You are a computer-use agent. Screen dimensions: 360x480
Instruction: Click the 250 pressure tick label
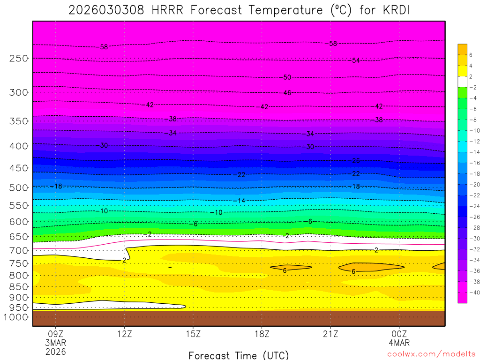[19, 58]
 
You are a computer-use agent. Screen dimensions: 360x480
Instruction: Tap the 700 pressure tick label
[19, 250]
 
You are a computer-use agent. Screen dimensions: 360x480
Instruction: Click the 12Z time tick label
[124, 334]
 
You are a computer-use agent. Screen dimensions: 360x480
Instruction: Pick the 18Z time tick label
[262, 334]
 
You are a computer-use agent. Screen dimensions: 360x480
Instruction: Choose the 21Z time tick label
[330, 334]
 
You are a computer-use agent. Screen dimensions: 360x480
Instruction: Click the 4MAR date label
[399, 343]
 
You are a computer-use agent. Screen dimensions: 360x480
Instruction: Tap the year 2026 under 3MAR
[56, 352]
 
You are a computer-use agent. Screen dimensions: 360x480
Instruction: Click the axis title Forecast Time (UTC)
[239, 355]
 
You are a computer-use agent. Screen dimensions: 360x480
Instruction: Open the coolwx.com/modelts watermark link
[431, 354]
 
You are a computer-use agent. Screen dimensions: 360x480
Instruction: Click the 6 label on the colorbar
[471, 55]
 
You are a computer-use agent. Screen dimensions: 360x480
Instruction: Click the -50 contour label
[287, 77]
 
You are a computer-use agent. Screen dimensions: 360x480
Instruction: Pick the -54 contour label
[355, 60]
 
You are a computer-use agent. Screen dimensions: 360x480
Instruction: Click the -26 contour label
[355, 161]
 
